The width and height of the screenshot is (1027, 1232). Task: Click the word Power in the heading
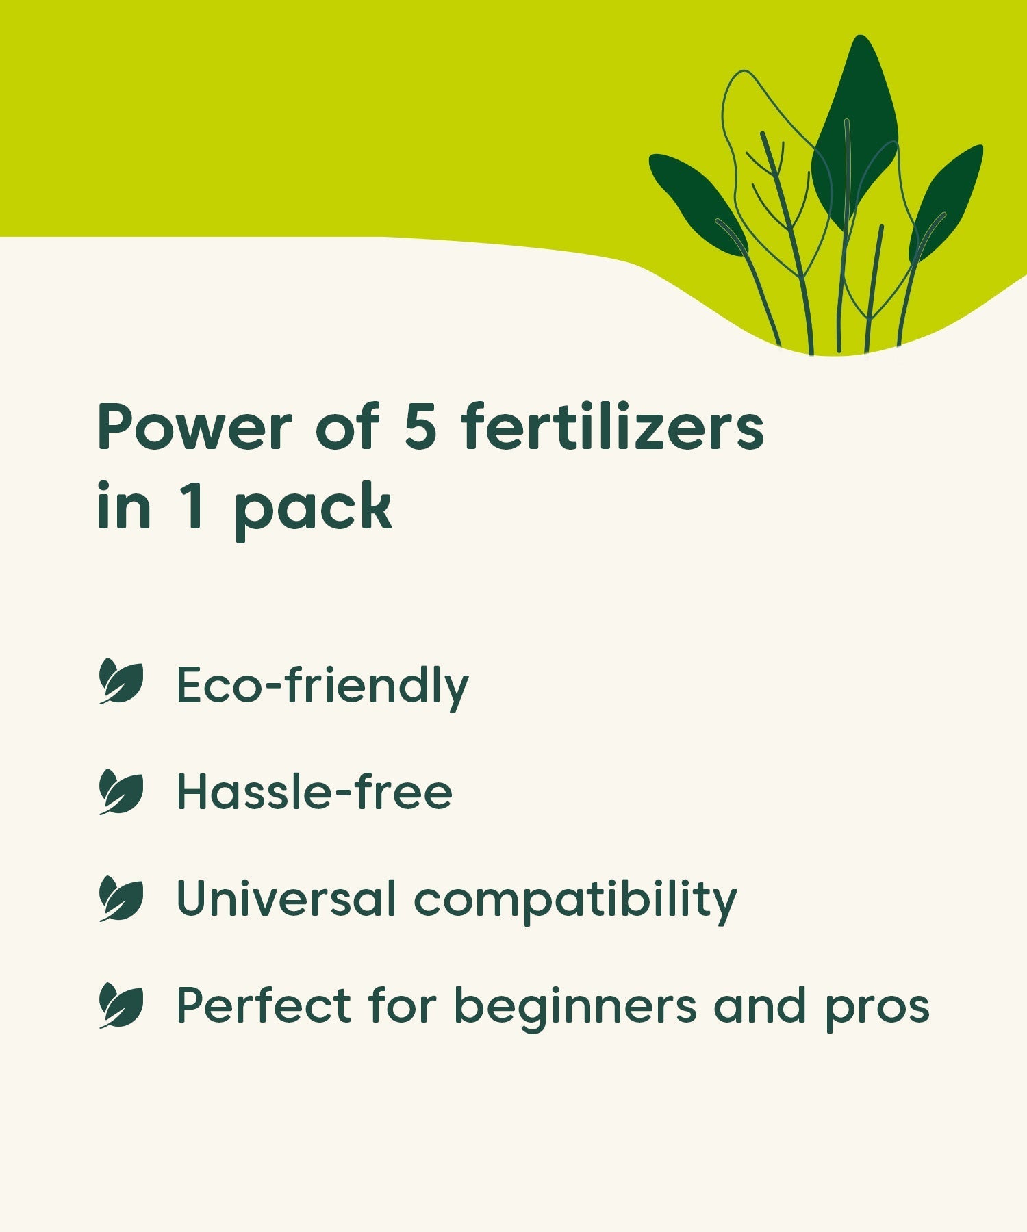194,427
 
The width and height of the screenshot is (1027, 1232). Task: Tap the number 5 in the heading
420,426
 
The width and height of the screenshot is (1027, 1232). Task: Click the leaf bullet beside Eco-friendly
121,682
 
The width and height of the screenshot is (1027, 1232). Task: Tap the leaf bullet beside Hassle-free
121,792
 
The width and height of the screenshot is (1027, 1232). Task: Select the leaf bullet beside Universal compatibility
121,899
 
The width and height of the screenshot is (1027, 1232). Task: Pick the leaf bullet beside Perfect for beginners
121,1005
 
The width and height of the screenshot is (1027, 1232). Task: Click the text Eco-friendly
322,686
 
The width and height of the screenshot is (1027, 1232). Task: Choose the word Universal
286,898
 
